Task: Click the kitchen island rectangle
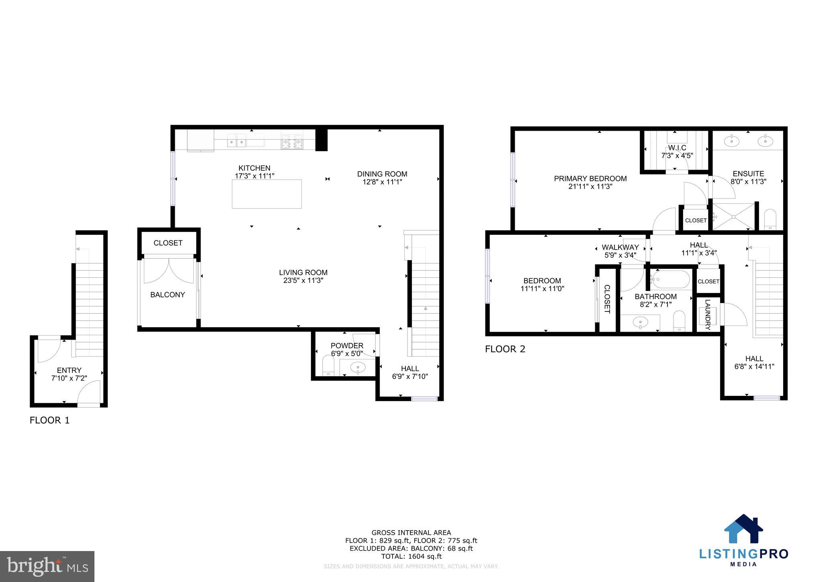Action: tap(266, 194)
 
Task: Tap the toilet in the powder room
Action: tap(328, 365)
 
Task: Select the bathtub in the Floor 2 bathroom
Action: tap(670, 279)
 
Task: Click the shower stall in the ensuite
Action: tap(733, 217)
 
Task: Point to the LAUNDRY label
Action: tap(708, 315)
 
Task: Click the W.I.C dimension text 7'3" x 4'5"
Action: tap(677, 155)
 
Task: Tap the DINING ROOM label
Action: tap(382, 174)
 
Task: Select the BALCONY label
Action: tap(168, 295)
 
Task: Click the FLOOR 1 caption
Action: tap(49, 420)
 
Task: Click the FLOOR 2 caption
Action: tap(505, 349)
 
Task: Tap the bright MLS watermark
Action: tap(47, 567)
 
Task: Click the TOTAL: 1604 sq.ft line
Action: tap(411, 556)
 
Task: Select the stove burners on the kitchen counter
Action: tap(292, 142)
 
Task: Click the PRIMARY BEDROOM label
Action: tap(590, 178)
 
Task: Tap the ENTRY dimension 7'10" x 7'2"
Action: tap(69, 378)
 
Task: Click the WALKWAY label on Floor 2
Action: tap(620, 248)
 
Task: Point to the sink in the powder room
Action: tap(357, 367)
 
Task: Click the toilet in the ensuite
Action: tap(770, 219)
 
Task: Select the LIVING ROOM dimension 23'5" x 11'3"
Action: tap(303, 281)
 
